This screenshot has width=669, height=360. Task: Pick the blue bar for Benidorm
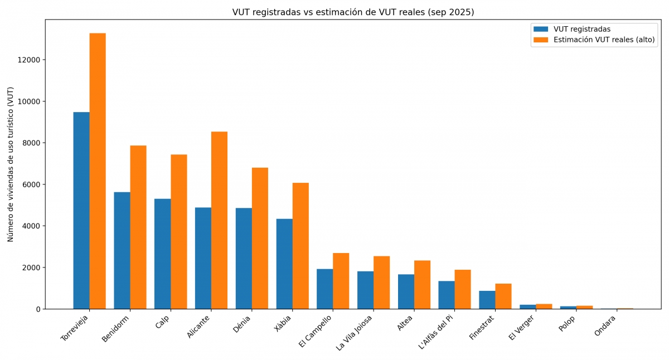tap(122, 250)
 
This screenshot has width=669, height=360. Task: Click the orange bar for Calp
tap(179, 231)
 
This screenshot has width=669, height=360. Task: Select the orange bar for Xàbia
tap(300, 246)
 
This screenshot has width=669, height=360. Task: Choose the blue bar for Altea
tap(406, 291)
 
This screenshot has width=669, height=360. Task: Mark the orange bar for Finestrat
tap(503, 296)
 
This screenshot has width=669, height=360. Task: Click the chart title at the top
tap(353, 12)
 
